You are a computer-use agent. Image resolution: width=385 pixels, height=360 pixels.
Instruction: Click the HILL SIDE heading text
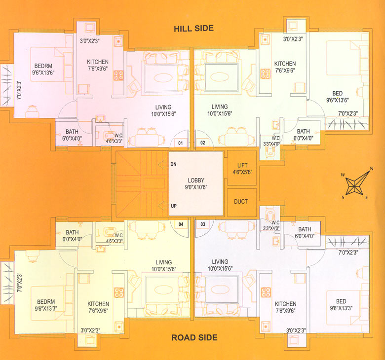(193, 28)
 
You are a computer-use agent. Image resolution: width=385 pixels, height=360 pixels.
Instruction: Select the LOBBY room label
(196, 180)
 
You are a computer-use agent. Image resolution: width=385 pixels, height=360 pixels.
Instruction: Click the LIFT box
(242, 168)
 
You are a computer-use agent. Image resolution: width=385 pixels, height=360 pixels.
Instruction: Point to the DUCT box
(241, 201)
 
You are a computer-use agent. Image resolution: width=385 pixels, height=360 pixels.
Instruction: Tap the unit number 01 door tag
(181, 143)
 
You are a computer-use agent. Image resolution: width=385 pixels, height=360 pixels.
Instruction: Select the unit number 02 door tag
(202, 143)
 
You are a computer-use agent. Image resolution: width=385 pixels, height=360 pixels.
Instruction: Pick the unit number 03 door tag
(202, 224)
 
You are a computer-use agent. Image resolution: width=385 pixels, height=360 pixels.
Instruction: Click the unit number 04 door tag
(181, 224)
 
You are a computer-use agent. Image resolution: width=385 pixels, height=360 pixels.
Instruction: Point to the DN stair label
(173, 164)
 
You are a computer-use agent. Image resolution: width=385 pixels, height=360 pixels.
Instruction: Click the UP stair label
(173, 205)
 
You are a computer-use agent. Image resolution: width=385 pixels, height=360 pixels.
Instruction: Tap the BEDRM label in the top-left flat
(44, 66)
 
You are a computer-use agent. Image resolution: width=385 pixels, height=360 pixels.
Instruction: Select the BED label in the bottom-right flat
(341, 301)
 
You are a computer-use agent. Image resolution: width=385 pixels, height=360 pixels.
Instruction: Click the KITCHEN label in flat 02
(285, 64)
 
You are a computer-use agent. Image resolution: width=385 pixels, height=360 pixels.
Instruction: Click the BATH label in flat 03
(305, 229)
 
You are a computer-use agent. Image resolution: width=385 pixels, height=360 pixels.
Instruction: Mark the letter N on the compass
(371, 169)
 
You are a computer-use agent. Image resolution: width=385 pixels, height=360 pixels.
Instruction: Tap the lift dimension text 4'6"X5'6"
(242, 173)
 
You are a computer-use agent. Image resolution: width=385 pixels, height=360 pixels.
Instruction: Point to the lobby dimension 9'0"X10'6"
(196, 187)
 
